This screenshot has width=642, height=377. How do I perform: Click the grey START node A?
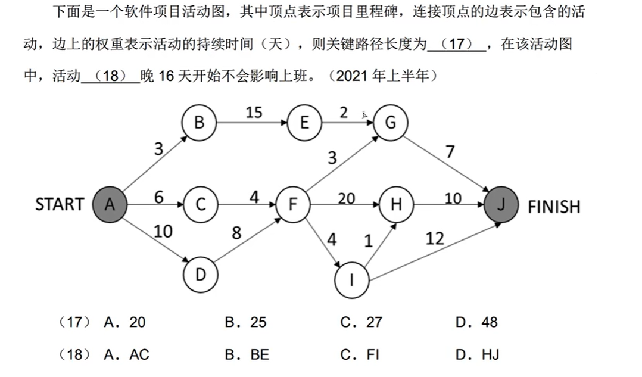109,204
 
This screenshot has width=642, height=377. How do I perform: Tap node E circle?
304,123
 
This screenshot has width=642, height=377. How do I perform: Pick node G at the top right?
391,123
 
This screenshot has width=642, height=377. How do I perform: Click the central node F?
293,204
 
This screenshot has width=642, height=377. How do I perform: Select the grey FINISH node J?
501,204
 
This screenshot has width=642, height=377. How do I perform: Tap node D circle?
201,275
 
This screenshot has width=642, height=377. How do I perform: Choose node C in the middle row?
200,204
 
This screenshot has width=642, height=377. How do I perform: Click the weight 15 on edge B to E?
254,112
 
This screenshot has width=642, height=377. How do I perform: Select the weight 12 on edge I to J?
435,238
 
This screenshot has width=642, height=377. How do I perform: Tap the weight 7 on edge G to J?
450,151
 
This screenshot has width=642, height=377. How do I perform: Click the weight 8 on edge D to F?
236,233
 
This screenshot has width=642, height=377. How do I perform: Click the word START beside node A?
60,204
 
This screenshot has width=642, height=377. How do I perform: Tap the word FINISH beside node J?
554,207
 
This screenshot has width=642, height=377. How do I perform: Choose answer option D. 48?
476,323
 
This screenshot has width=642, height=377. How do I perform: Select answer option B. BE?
247,355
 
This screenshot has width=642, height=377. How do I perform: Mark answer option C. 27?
361,323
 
